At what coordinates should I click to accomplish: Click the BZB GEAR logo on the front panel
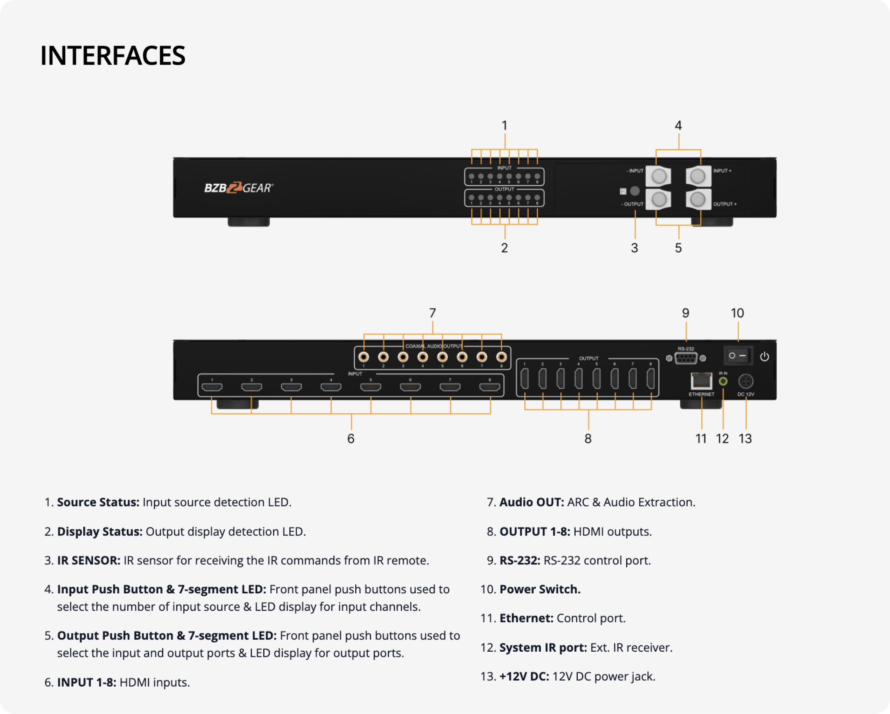[x=238, y=188]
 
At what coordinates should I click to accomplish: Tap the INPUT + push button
[x=698, y=176]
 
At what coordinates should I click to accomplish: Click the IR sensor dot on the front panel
[x=635, y=191]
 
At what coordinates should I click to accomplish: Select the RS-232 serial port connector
[x=686, y=358]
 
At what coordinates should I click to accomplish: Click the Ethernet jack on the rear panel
[x=701, y=381]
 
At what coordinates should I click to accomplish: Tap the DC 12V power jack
[x=745, y=381]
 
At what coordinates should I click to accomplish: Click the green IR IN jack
[x=723, y=381]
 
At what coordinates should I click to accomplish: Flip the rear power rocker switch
[x=738, y=356]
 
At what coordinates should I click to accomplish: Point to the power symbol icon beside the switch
[x=765, y=356]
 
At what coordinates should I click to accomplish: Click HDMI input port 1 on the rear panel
[x=212, y=387]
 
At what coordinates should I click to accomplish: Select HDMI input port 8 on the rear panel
[x=489, y=387]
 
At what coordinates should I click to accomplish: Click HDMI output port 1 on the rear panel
[x=525, y=379]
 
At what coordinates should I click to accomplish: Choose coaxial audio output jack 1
[x=364, y=357]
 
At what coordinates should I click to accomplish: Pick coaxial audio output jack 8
[x=501, y=357]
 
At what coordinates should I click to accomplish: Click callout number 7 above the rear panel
[x=432, y=313]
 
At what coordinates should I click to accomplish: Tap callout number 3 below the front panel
[x=634, y=248]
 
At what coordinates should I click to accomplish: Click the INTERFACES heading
[x=113, y=56]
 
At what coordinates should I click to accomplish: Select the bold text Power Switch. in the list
[x=540, y=589]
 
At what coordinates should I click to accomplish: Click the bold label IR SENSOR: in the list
[x=89, y=560]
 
